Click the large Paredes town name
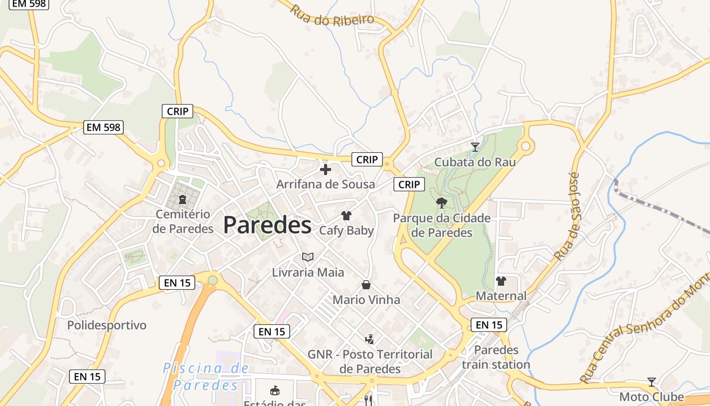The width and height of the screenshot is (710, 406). pos(267,225)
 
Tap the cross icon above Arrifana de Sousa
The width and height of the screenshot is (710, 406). pos(326,169)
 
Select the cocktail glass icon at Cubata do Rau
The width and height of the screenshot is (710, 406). pos(475,147)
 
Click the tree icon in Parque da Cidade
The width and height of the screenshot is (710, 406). pos(442,203)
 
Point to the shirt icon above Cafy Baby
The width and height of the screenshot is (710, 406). pos(346,216)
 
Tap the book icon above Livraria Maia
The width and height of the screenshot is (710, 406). pos(308,257)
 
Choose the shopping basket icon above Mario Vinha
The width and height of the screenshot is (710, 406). pos(366,285)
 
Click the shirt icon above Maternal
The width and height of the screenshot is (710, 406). pos(501,281)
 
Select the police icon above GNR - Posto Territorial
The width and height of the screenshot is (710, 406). pos(370,339)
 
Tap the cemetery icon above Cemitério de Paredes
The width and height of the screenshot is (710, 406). pos(183,199)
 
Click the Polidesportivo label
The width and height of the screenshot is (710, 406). pos(106,325)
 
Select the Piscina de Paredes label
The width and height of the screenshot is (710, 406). pos(205,377)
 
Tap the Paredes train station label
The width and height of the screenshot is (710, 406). pos(496,357)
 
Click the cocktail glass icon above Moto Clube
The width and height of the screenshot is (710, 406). pos(652,382)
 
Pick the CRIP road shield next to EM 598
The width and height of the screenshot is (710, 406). pos(177,111)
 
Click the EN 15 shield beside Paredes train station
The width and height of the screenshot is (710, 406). pos(489,325)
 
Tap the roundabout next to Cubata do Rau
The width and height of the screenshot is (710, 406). pos(526,147)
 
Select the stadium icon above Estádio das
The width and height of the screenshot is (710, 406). pos(275,390)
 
